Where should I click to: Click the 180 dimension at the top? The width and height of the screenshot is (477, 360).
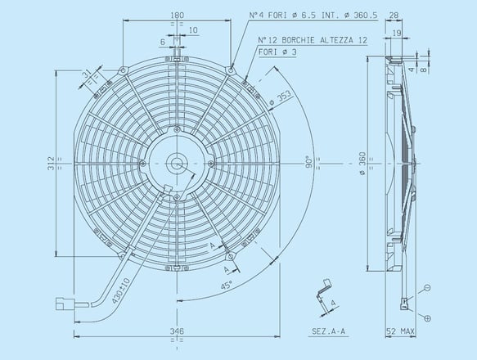[178, 15]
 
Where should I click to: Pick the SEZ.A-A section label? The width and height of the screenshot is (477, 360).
[327, 332]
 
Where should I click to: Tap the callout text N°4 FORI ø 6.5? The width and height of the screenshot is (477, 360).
[312, 16]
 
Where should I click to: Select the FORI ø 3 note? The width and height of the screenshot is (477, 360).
[279, 52]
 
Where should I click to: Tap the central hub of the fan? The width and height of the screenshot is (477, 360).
[177, 163]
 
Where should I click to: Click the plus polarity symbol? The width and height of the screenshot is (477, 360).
[428, 316]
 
